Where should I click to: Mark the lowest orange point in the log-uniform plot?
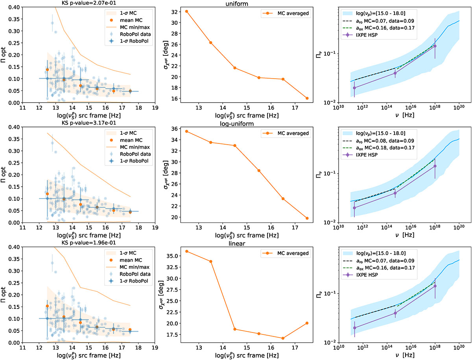[x=307, y=219]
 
